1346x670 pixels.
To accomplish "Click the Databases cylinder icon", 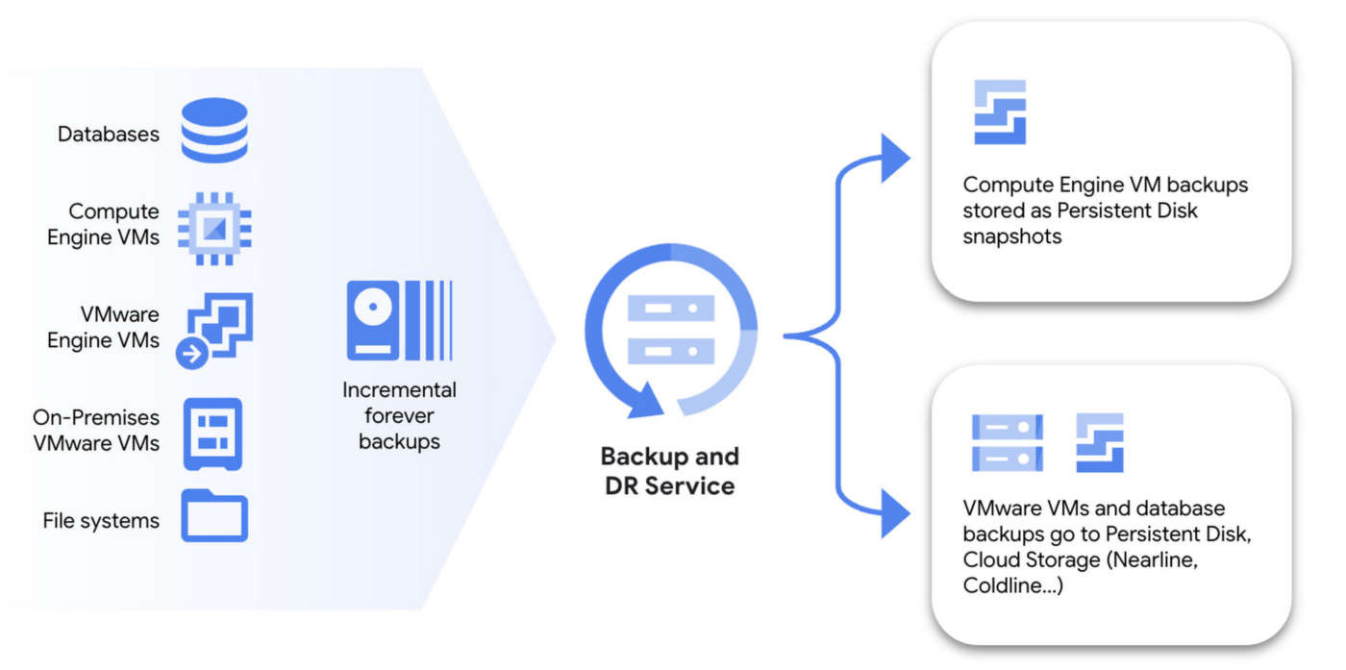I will pyautogui.click(x=213, y=130).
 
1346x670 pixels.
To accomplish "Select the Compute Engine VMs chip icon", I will pyautogui.click(x=213, y=228).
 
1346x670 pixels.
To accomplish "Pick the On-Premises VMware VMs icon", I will pyautogui.click(x=212, y=434).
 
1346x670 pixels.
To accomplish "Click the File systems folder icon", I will pyautogui.click(x=214, y=516).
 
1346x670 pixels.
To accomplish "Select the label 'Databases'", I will pyautogui.click(x=109, y=134).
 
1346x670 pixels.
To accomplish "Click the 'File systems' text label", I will pyautogui.click(x=101, y=521).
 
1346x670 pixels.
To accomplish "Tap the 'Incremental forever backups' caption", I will pyautogui.click(x=399, y=416).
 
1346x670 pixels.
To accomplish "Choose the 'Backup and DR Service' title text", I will pyautogui.click(x=670, y=471).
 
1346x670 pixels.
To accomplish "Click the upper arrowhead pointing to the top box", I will pyautogui.click(x=894, y=158).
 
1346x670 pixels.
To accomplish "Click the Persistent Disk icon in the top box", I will pyautogui.click(x=1000, y=112).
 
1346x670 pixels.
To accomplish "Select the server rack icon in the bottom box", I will pyautogui.click(x=1007, y=442).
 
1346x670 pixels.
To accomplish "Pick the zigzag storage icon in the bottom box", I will pyautogui.click(x=1099, y=442).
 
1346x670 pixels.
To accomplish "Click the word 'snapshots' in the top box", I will pyautogui.click(x=1012, y=236).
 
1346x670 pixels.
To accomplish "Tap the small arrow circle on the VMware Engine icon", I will pyautogui.click(x=192, y=354).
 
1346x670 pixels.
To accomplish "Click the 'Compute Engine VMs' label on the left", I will pyautogui.click(x=104, y=224).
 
